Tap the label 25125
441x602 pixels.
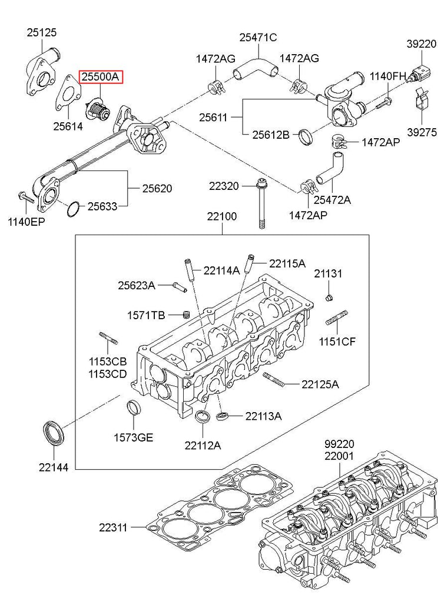point(42,33)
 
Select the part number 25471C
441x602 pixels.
point(258,38)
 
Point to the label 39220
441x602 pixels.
point(422,44)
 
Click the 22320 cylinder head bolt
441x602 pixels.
point(262,203)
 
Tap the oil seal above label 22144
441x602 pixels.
point(54,433)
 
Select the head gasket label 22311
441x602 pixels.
point(113,527)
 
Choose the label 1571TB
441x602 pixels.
point(146,316)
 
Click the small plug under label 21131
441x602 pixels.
point(329,297)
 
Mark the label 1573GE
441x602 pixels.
point(134,437)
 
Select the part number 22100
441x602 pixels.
point(222,216)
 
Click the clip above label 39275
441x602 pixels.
point(422,99)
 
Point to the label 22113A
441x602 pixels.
point(264,416)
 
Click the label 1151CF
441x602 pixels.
point(337,342)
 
